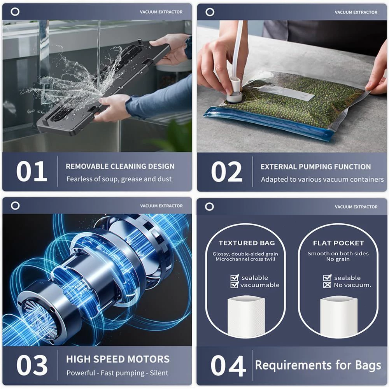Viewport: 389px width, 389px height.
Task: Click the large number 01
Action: (x=32, y=172)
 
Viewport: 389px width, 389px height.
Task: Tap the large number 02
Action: (x=227, y=172)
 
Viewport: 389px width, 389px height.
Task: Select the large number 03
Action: (x=32, y=365)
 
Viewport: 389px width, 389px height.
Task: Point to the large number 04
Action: (x=228, y=366)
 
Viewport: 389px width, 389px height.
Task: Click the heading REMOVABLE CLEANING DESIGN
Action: (x=120, y=166)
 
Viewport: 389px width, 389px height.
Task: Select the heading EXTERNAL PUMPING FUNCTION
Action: (x=315, y=167)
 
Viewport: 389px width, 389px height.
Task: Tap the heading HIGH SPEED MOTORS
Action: (x=118, y=359)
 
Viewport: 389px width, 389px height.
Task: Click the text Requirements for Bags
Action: (x=318, y=365)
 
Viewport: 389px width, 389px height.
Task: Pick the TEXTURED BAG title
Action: (x=247, y=243)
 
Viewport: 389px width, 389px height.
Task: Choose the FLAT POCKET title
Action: (x=338, y=243)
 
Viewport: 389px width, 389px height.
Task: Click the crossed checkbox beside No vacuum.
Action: (x=327, y=285)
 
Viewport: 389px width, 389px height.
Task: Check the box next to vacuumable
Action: (x=235, y=285)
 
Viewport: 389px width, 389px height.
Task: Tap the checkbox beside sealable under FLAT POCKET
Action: (x=327, y=278)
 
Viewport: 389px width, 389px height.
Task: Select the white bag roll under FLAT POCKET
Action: (x=338, y=317)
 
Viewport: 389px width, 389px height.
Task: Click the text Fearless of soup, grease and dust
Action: (x=119, y=179)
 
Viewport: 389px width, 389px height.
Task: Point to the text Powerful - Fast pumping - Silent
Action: (x=117, y=373)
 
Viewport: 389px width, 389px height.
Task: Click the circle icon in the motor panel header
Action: (x=15, y=206)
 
